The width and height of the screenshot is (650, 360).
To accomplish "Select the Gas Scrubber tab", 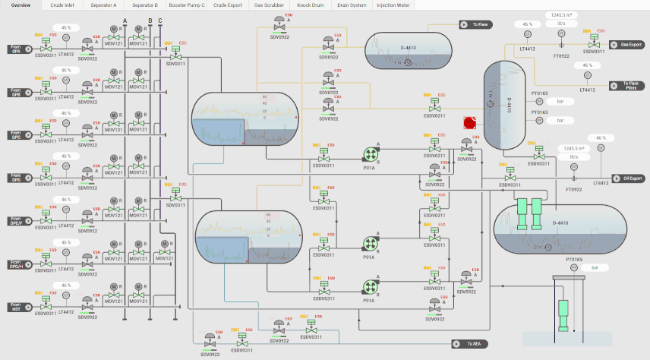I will (269, 5).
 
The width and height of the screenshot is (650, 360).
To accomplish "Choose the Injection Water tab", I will (393, 5).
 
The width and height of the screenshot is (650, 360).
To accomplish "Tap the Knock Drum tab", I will (310, 5).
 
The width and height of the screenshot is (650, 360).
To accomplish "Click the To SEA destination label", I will (471, 344).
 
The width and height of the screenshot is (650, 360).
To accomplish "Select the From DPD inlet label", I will (16, 178).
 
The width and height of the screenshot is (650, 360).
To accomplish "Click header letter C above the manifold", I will (160, 21).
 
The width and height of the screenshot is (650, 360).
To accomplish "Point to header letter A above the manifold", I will (125, 21).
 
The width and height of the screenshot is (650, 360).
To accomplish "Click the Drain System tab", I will (352, 5).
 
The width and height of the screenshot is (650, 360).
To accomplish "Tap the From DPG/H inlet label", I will (16, 266).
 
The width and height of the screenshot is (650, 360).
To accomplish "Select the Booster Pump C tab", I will (187, 5).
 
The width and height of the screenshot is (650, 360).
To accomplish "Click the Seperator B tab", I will (144, 5).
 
